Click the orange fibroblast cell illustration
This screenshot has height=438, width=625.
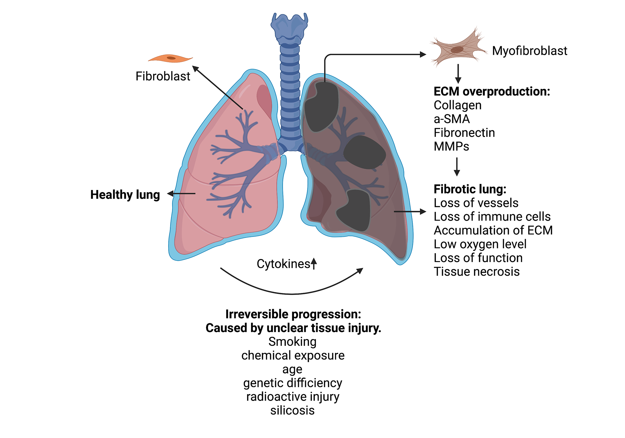[x=171, y=58]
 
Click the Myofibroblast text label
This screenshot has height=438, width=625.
[x=530, y=51]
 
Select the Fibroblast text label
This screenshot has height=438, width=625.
[x=163, y=76]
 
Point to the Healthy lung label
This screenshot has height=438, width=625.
[x=125, y=195]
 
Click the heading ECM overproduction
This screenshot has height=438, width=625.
[x=492, y=92]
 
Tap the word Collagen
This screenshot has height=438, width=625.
[x=458, y=106]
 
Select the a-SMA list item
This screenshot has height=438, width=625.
[x=452, y=119]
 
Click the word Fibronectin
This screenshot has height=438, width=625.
[x=465, y=133]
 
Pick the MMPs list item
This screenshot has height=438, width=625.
[x=451, y=146]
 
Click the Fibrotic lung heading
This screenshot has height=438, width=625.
[x=470, y=189]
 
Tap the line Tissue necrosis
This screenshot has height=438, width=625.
[x=477, y=271]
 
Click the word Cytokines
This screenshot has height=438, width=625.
[x=283, y=264]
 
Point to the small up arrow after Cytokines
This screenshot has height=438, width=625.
[x=314, y=263]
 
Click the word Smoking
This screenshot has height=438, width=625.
[x=292, y=342]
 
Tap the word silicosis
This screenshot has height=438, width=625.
[x=292, y=410]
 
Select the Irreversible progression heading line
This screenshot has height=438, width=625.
[x=293, y=314]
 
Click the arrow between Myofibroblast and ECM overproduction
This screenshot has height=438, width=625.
[x=458, y=74]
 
